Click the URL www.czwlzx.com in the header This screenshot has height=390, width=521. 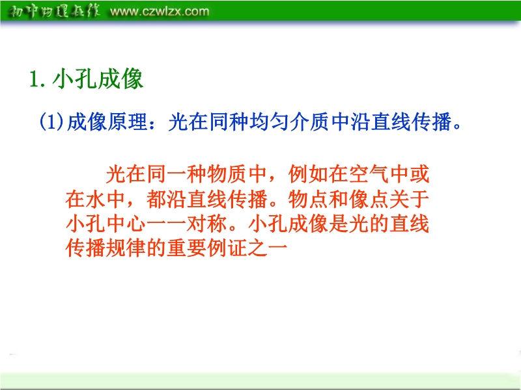point(160,12)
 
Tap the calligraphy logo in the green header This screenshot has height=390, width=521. point(54,11)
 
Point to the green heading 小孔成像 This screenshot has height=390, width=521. point(98,79)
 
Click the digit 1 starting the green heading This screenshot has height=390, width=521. point(34,80)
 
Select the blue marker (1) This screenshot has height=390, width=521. point(51,122)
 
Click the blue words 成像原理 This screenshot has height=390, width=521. point(107,122)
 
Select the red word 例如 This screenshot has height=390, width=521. point(308,174)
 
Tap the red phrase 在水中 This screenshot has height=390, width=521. point(95,199)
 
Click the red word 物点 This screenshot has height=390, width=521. point(308,199)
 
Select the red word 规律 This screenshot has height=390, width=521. point(126,248)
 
